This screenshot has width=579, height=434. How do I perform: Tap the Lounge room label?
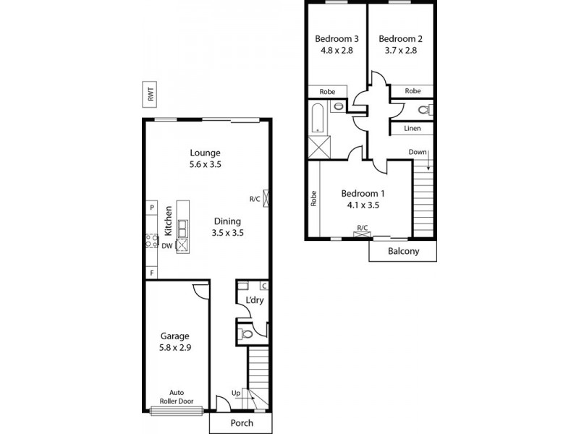click(x=205, y=153)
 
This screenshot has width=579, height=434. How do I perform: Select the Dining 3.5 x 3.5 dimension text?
click(x=227, y=233)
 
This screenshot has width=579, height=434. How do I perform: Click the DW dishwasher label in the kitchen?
click(x=166, y=246)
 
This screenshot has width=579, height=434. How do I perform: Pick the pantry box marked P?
click(x=152, y=208)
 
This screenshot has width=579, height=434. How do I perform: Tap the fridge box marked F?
click(x=152, y=273)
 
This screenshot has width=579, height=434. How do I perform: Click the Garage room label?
click(x=175, y=336)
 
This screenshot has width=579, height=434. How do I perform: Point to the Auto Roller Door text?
click(x=177, y=396)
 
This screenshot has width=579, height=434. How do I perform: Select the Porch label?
click(x=242, y=422)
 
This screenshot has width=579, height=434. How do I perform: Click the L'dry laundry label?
click(x=254, y=300)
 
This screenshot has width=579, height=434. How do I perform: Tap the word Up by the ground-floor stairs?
click(x=235, y=393)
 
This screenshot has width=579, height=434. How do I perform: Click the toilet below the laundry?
click(x=248, y=334)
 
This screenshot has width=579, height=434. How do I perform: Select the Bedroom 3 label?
click(x=336, y=39)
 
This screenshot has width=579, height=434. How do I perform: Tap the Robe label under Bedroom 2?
click(x=413, y=91)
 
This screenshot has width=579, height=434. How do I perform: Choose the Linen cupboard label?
click(x=413, y=129)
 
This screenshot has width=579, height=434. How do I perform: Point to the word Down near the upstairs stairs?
click(x=418, y=152)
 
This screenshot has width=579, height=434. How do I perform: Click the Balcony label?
click(x=404, y=252)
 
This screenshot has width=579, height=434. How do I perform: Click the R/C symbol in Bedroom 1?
click(x=362, y=230)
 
